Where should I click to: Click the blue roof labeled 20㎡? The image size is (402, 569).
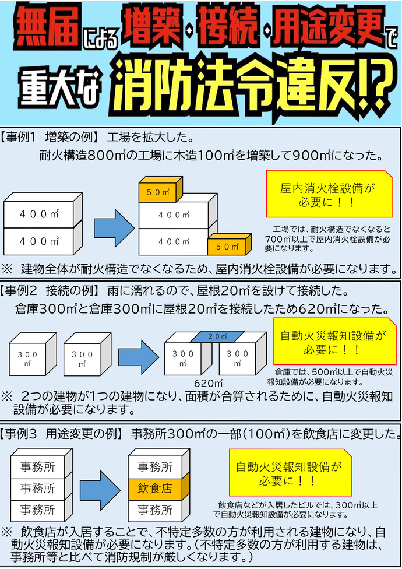click(217, 336)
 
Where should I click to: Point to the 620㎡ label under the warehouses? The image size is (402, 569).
click(210, 382)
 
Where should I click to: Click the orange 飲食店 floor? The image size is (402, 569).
click(155, 488)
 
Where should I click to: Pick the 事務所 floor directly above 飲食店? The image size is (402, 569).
click(155, 466)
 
